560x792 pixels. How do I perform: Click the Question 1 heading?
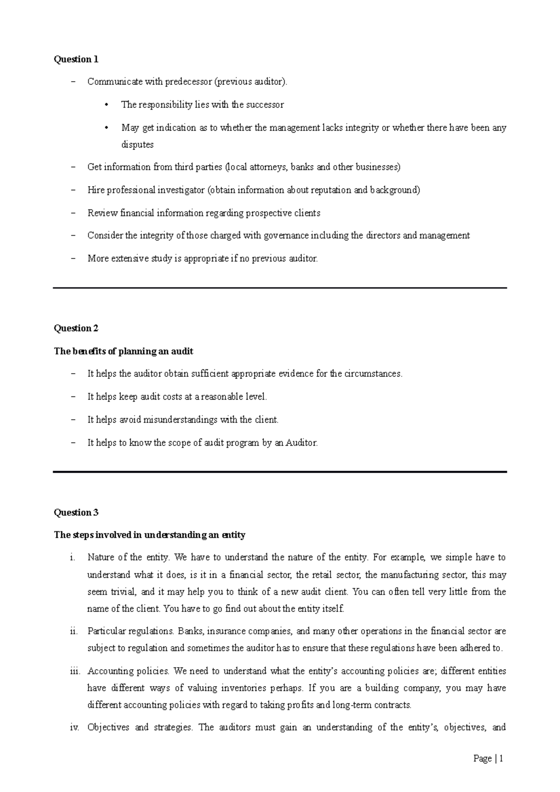pos(76,59)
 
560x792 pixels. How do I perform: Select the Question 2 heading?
pos(76,328)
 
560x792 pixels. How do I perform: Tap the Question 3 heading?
pos(76,513)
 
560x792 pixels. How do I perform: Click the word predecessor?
pos(188,82)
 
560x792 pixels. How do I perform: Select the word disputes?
pos(137,145)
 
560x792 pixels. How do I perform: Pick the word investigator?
pos(182,190)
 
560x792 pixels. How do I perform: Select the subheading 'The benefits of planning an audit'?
pos(124,351)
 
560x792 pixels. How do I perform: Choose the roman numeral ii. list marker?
pos(73,632)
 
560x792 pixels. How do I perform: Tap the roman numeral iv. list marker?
pos(74,728)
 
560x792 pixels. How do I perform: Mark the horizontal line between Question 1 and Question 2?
pos(280,288)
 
